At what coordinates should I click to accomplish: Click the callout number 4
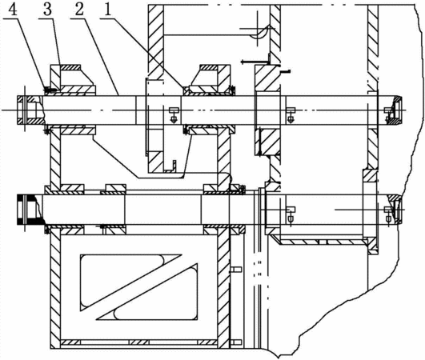pos(13,10)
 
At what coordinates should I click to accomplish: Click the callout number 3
pos(47,10)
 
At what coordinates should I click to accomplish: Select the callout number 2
pos(79,10)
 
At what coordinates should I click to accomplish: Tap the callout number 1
pos(108,10)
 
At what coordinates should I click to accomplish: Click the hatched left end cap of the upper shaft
pos(30,110)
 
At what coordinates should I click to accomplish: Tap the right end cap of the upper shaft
pos(395,110)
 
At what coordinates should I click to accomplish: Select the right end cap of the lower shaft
pos(395,210)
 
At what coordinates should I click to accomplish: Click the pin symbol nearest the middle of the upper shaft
pos(174,114)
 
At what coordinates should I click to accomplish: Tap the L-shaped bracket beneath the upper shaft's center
pos(170,166)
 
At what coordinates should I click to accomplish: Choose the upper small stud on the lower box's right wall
pos(236,270)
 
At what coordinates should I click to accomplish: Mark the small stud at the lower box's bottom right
pos(236,342)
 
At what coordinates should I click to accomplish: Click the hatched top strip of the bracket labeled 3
pos(70,67)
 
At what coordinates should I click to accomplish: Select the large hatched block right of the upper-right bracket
pos(267,78)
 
